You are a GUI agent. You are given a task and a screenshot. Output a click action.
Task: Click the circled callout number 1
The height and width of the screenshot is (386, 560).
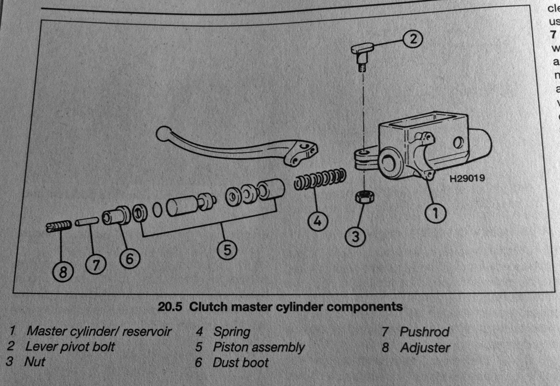click(x=435, y=214)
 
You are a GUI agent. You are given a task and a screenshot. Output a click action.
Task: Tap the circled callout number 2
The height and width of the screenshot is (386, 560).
click(x=414, y=38)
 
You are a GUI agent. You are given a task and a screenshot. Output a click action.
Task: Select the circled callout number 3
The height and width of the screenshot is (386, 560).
click(x=355, y=237)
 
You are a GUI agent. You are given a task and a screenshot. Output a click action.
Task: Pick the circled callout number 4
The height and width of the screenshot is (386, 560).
click(x=318, y=222)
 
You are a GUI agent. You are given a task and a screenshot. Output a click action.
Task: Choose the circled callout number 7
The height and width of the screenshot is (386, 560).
click(x=96, y=264)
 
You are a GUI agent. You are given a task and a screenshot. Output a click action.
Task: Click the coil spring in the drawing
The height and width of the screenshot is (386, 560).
click(x=320, y=179)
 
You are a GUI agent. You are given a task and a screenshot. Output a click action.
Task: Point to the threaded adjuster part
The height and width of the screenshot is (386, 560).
click(x=59, y=226)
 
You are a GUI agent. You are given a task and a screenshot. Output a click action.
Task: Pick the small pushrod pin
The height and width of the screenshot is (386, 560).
click(x=87, y=222)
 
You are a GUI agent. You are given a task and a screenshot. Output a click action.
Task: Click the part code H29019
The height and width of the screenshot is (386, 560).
click(x=467, y=178)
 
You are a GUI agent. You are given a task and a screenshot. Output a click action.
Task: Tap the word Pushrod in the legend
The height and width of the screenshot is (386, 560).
click(x=424, y=332)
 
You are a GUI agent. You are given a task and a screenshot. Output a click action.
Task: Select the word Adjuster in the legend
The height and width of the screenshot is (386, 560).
click(x=425, y=348)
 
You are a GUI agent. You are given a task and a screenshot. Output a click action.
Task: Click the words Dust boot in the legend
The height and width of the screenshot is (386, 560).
click(x=241, y=362)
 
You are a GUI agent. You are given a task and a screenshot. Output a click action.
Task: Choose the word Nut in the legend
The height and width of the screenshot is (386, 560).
click(x=34, y=361)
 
